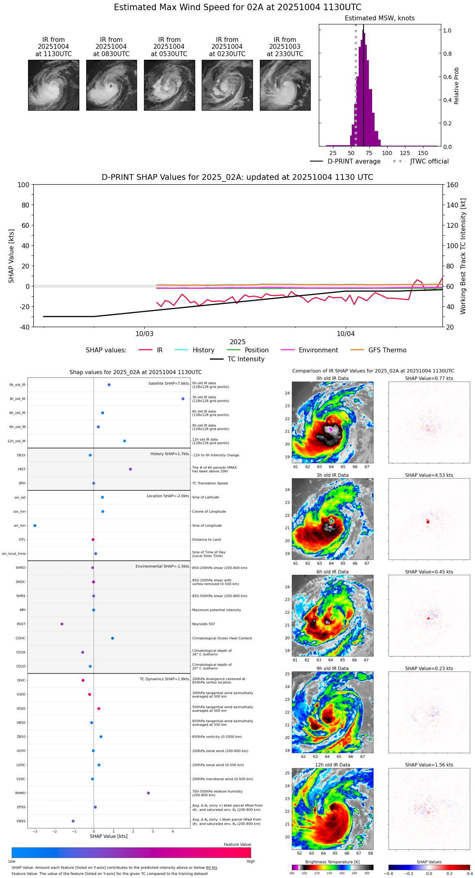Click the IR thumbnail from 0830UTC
click(x=111, y=85)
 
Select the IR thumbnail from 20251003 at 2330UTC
click(x=285, y=85)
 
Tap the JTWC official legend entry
click(x=429, y=162)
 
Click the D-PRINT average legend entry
click(x=354, y=162)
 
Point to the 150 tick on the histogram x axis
click(x=423, y=153)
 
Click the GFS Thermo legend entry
click(x=387, y=350)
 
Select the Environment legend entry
click(x=318, y=350)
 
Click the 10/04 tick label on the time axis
click(x=346, y=334)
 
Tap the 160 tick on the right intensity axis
click(x=453, y=185)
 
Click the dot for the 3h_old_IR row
click(x=183, y=399)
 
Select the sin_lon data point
click(x=35, y=526)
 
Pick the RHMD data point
click(x=148, y=793)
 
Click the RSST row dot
click(x=62, y=624)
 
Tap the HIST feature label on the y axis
click(x=22, y=469)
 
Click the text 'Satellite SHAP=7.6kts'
click(x=168, y=383)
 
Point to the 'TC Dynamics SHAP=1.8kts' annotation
click(x=164, y=679)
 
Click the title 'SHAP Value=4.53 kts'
click(x=429, y=475)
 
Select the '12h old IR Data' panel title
click(x=332, y=765)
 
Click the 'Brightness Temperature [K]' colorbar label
click(x=332, y=862)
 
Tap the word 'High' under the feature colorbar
click(x=251, y=861)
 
